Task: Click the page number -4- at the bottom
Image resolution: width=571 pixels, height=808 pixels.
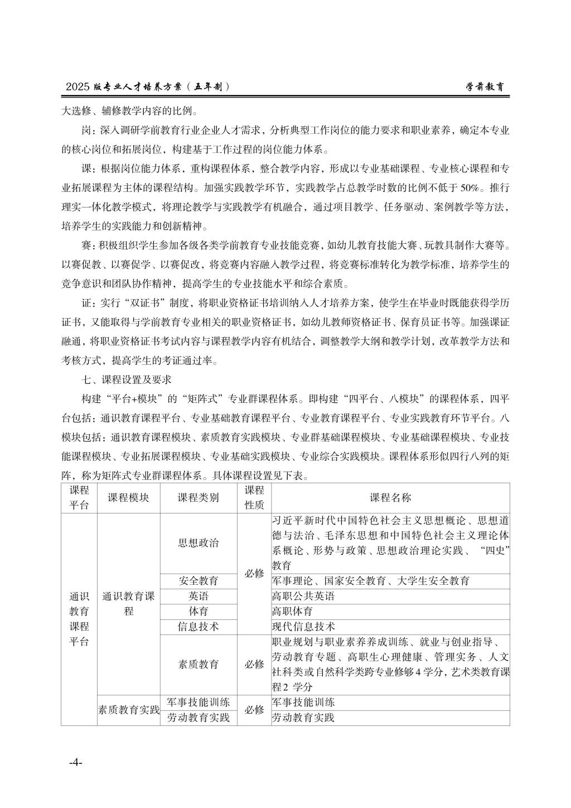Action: pos(76,762)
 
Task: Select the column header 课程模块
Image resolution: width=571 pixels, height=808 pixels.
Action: pos(128,498)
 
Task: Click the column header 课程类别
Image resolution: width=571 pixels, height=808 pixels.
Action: pos(199,498)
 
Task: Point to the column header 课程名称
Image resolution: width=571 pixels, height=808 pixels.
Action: pos(390,498)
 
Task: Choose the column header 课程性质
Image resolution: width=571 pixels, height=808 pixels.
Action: pos(254,498)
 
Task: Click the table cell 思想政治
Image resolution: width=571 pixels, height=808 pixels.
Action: pos(199,543)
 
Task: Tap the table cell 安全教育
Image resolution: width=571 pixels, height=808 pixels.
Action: pos(199,581)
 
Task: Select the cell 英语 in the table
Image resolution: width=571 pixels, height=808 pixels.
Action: pos(199,596)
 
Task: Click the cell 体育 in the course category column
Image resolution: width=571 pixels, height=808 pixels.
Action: pos(199,611)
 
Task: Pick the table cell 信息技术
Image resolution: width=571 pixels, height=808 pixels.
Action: pos(199,626)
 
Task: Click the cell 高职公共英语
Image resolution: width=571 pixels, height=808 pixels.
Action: pos(303,596)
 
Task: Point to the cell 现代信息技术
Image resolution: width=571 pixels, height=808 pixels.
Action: pos(303,626)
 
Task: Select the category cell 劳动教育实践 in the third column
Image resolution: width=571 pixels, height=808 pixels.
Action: pos(199,718)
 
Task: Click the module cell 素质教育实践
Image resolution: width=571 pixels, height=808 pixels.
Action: pos(128,710)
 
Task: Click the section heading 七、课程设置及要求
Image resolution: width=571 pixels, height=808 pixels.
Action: pos(126,379)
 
